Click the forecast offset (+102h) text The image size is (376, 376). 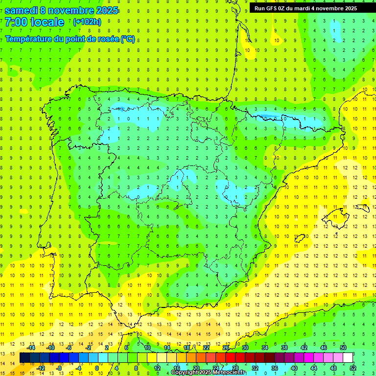tap(87, 22)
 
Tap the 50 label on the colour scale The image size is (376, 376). tap(343, 348)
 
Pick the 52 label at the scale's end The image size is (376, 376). tap(353, 368)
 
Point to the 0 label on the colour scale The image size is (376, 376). tap(97, 368)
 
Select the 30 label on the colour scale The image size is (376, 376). tap(245, 348)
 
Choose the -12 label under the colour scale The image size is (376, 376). tap(41, 368)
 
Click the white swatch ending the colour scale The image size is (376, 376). tap(348, 358)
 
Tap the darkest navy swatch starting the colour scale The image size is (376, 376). tap(24, 358)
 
